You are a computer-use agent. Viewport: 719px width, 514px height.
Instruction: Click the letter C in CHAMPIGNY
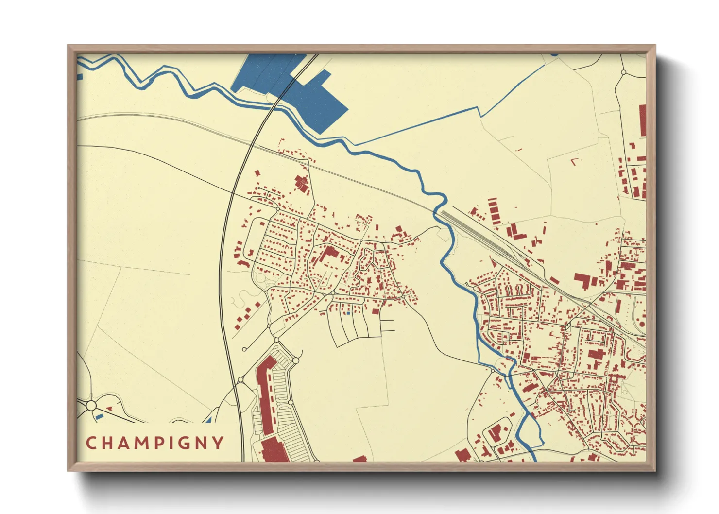[90, 443]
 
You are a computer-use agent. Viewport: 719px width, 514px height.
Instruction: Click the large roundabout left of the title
[91, 405]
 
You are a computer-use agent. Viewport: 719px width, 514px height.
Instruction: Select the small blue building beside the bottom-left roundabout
[99, 416]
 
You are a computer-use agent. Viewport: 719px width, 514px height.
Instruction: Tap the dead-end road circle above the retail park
[244, 349]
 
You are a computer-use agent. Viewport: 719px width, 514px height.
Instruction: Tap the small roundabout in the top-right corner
[624, 72]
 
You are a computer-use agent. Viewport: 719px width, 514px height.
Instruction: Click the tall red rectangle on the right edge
[642, 120]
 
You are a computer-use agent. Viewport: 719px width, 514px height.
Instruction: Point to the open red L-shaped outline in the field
[575, 160]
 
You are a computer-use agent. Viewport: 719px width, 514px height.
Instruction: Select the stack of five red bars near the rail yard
[494, 210]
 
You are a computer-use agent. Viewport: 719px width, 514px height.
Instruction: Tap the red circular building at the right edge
[642, 323]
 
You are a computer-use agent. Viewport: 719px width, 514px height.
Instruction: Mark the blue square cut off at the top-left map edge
[80, 76]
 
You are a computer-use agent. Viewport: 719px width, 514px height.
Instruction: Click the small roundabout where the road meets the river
[494, 370]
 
